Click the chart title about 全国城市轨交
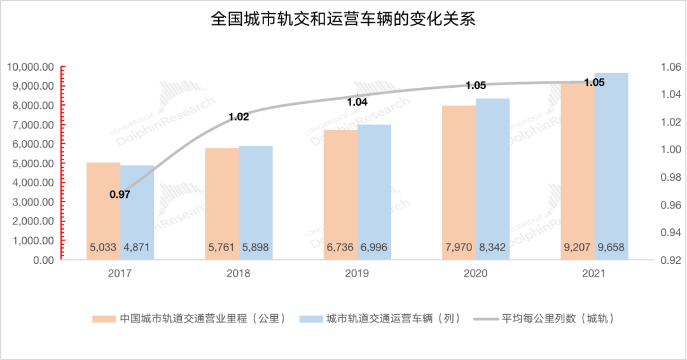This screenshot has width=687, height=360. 343,20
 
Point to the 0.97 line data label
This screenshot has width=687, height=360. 120,195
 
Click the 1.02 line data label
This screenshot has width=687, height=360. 239,116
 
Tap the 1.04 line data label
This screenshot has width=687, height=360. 357,102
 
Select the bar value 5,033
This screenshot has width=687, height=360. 104,247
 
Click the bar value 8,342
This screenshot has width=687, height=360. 493,247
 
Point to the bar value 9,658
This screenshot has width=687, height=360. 611,247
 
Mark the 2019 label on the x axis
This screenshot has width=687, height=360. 357,273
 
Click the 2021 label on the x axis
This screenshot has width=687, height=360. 594,273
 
